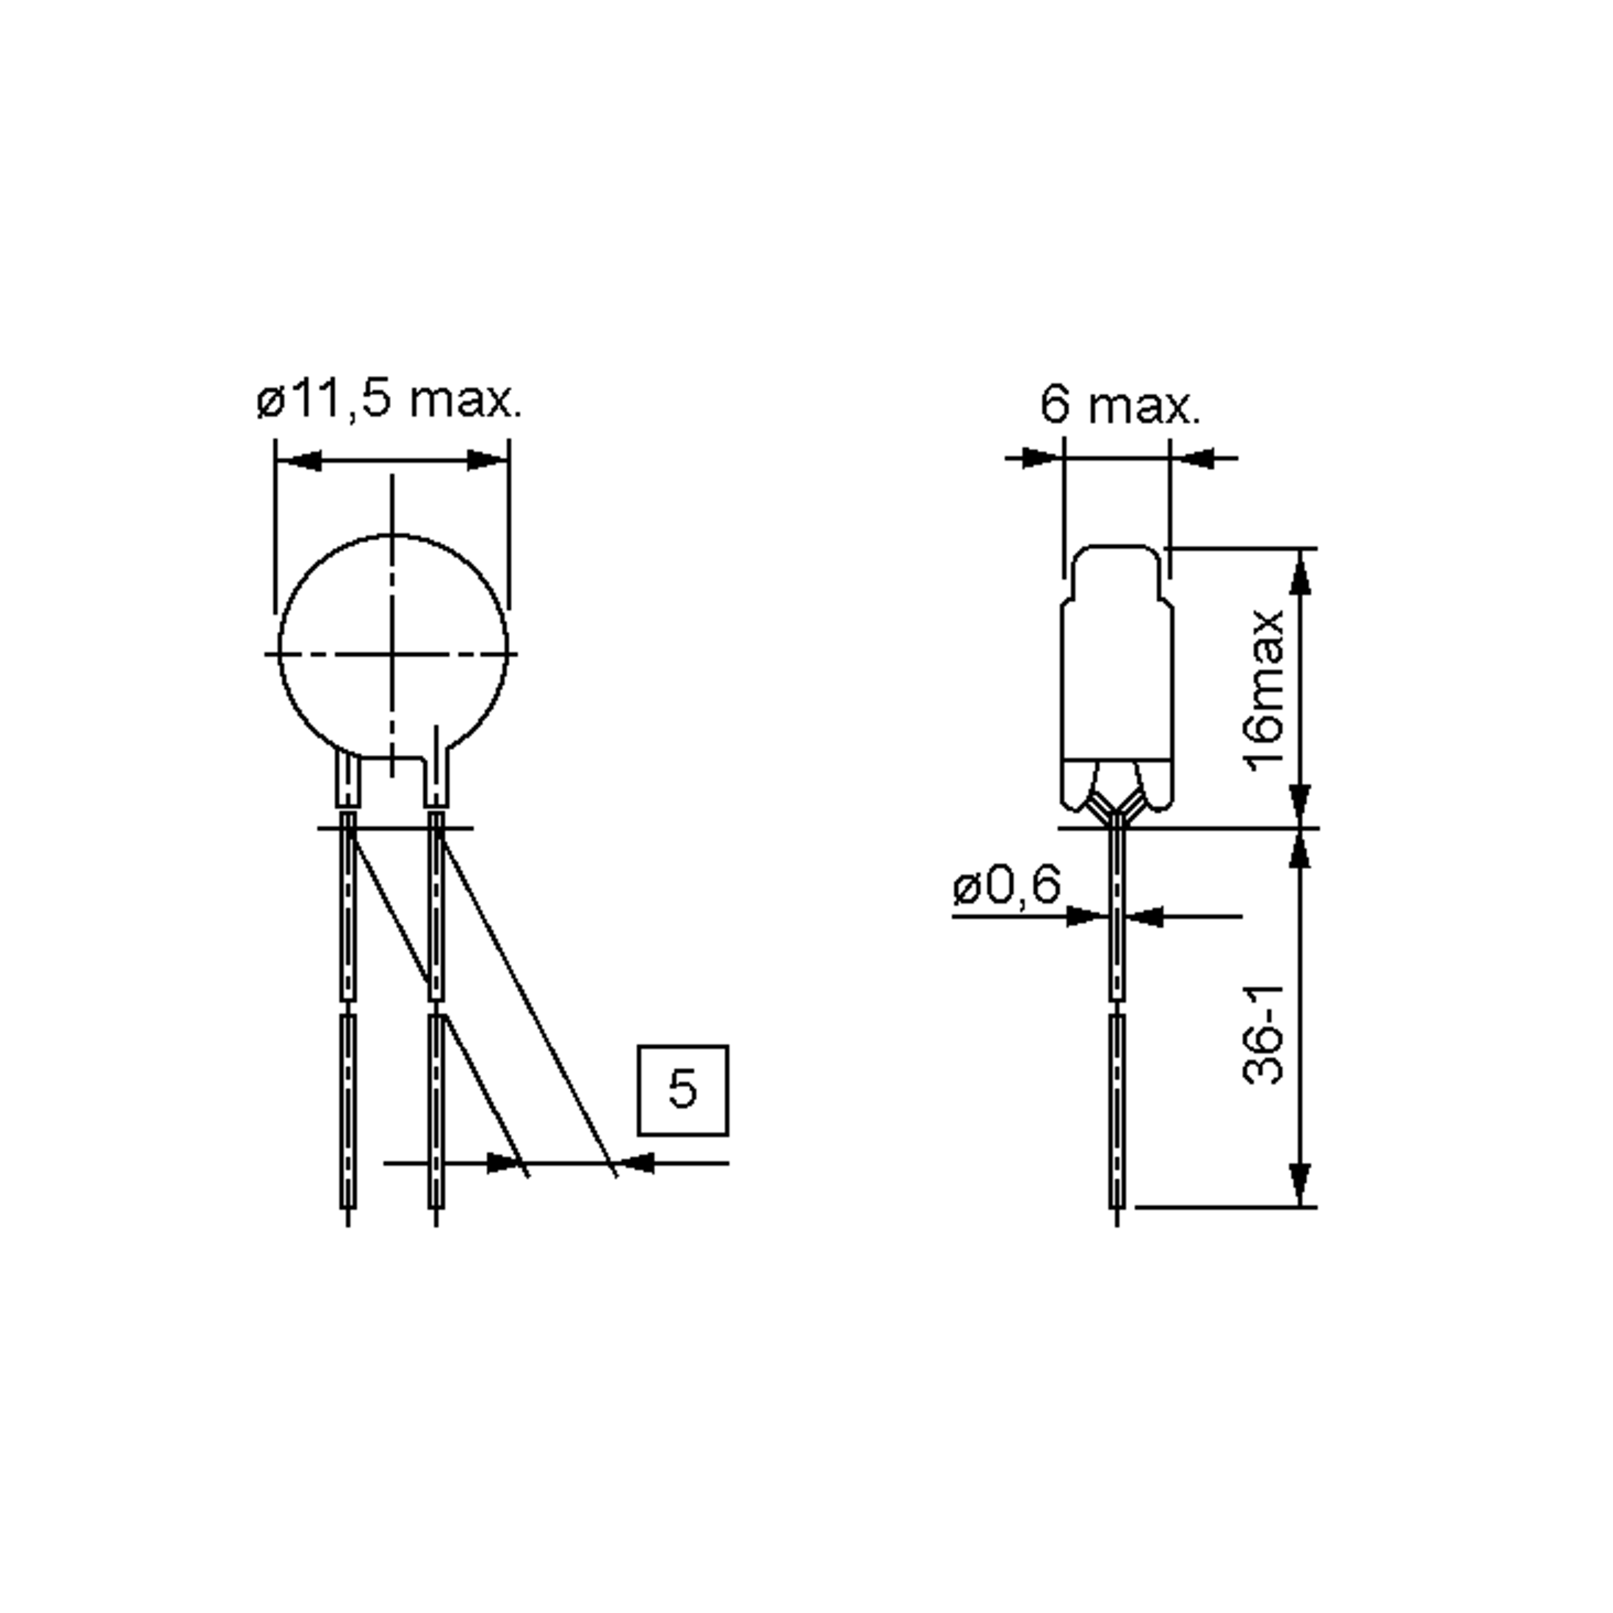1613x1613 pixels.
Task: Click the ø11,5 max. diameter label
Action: click(389, 400)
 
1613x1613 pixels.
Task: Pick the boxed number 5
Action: click(683, 1089)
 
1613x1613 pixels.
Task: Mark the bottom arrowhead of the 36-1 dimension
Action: click(1300, 1184)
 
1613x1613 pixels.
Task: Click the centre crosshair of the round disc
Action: click(392, 654)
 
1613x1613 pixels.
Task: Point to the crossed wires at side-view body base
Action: click(1116, 804)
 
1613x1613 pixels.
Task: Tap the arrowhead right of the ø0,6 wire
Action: click(1145, 916)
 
